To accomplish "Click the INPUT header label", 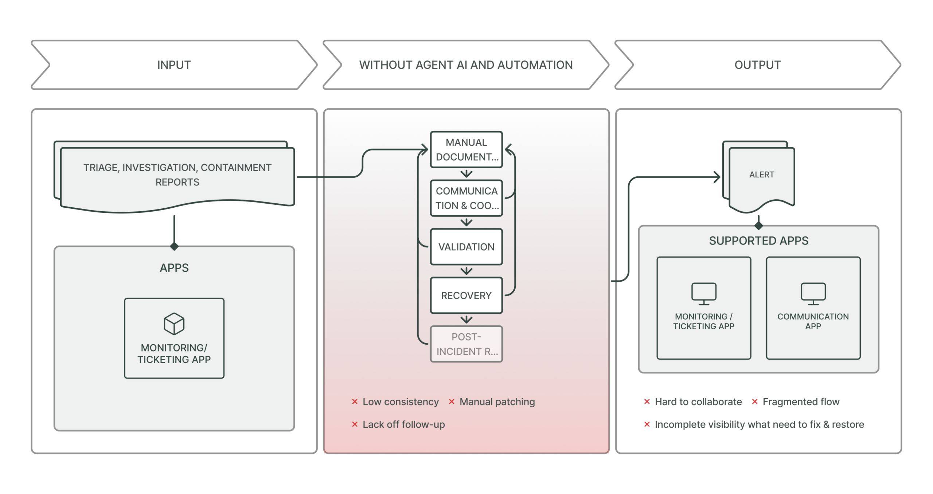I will [174, 65].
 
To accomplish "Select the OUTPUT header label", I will [757, 65].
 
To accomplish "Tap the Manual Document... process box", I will [466, 149].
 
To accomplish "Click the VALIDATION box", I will [466, 247].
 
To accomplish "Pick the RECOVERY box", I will [466, 295].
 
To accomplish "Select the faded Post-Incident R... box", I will [466, 344].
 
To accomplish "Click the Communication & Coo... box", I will [466, 198].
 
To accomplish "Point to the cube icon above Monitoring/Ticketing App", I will [174, 324].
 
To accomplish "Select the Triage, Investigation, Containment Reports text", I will [177, 175].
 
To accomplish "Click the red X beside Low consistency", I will [355, 401].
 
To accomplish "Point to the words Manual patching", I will [497, 401].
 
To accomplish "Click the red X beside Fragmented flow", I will [755, 401].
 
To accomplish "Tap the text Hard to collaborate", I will [698, 401].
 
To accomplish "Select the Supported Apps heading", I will [758, 240].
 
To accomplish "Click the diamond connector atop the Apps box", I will [174, 246].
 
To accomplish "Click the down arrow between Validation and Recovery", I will [466, 271].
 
